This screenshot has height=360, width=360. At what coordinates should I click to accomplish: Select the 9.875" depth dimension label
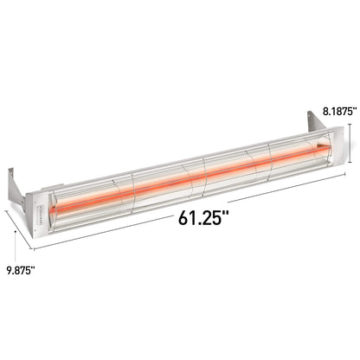pos(20,270)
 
